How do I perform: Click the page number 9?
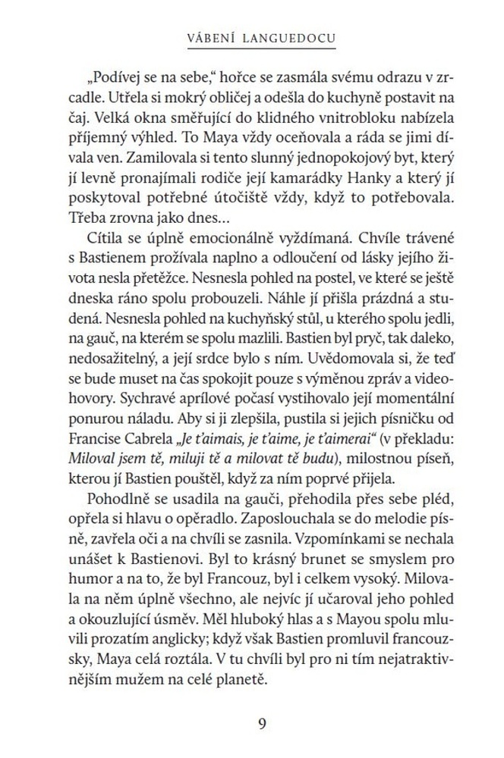262,722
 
